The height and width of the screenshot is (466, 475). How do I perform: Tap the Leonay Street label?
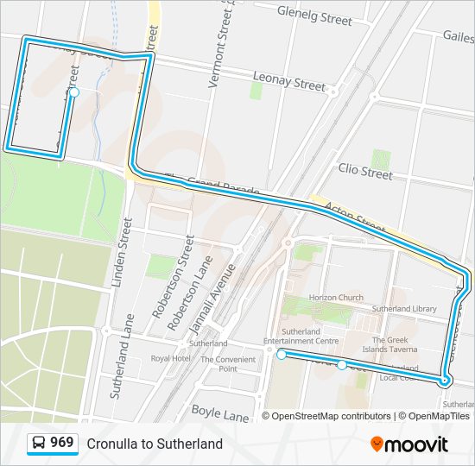click(288, 83)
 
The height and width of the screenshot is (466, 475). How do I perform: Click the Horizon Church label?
click(337, 298)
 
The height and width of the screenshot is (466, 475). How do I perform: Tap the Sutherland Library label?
click(404, 308)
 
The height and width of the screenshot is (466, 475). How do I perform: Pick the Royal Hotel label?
click(170, 358)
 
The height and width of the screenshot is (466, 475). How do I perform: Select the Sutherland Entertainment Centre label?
click(301, 336)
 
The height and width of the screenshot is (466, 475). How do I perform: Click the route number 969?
click(61, 443)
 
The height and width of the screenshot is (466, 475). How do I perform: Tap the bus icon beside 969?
click(39, 444)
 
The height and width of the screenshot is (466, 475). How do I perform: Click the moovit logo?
click(409, 444)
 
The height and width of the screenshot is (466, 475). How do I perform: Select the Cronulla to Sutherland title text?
click(155, 444)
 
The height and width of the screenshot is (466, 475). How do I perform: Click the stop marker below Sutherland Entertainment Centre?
click(282, 355)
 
